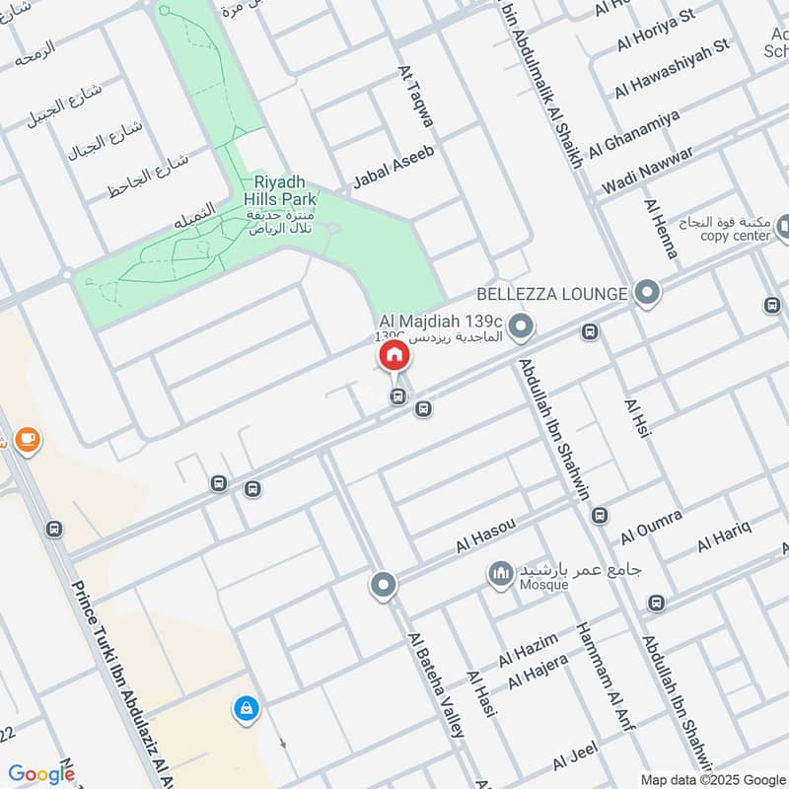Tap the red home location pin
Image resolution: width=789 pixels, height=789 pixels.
point(394,356)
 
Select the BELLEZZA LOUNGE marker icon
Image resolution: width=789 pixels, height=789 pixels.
point(647,292)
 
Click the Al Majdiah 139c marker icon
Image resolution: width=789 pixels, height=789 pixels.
point(523,324)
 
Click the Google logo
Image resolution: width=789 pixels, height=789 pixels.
point(41,774)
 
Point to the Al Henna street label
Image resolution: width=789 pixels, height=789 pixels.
point(661,229)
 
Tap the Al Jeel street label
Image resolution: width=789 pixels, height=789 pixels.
point(576,757)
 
